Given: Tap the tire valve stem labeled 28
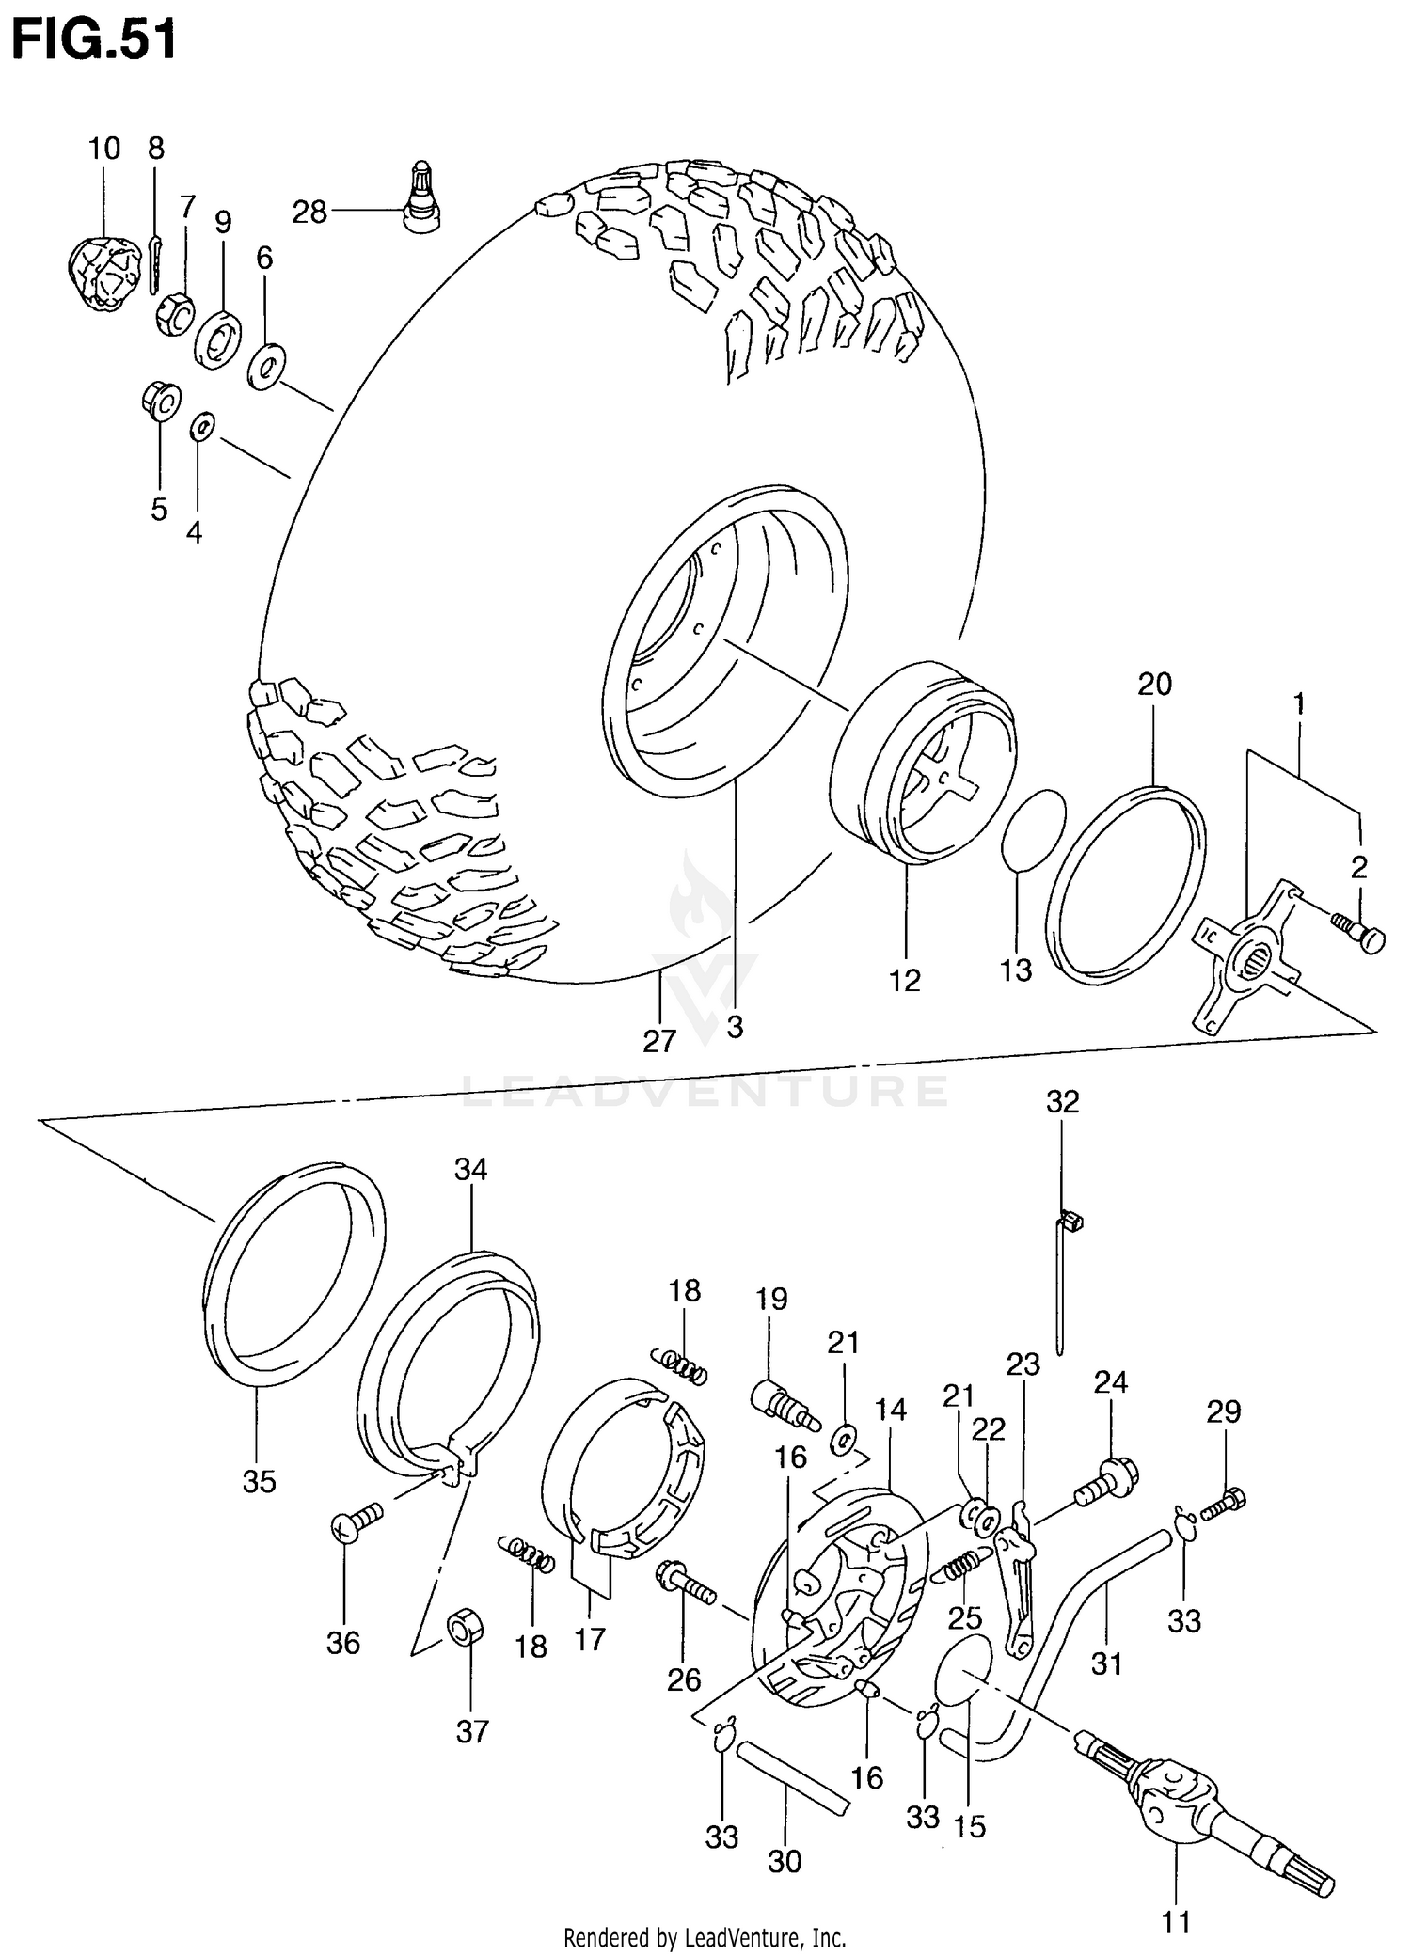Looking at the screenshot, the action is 420,197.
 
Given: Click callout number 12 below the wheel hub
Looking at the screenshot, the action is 904,980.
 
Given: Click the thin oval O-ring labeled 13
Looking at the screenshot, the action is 1033,831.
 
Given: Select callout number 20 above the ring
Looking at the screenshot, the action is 1154,684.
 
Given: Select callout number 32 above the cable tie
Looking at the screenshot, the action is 1062,1101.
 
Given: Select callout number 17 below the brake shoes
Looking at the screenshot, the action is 590,1639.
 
